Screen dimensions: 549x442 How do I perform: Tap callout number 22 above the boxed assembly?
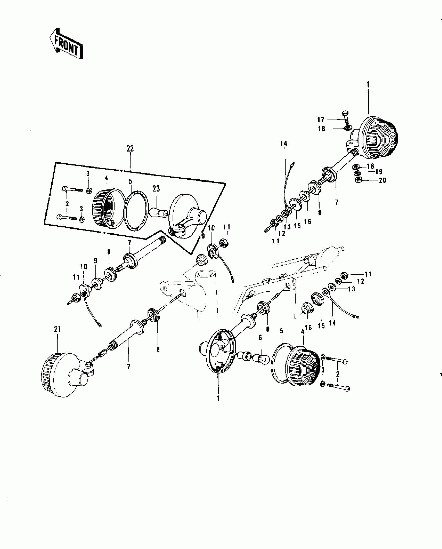click(x=130, y=149)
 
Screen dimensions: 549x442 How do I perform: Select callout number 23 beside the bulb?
click(x=156, y=189)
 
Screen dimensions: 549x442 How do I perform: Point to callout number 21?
click(x=57, y=329)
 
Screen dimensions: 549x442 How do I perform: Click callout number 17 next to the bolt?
click(x=321, y=120)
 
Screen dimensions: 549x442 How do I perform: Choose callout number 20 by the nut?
click(x=382, y=180)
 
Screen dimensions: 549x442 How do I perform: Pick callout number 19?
click(x=379, y=172)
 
